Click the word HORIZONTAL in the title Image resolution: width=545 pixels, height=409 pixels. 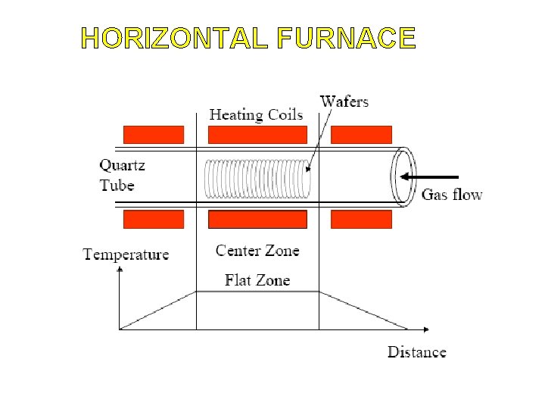coord(174,38)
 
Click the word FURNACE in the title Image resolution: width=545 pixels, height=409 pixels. coord(346,38)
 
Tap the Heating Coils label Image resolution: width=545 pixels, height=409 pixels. coord(256,115)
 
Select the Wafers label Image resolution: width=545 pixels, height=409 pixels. coord(344,101)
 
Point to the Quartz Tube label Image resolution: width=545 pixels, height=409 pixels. coord(122,175)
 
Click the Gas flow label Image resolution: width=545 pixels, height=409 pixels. coord(451,195)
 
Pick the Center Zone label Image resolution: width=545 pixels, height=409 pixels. coord(257,251)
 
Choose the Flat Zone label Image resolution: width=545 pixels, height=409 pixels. coord(257,280)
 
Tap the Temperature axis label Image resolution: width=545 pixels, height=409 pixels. coord(126,254)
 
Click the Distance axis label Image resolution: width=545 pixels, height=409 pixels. coord(417,351)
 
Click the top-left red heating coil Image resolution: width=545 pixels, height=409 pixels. coord(153,135)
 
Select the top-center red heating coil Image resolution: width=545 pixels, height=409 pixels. coord(257,135)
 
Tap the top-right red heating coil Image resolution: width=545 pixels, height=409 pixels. coord(362,135)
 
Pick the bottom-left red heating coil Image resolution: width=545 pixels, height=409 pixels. coord(153,220)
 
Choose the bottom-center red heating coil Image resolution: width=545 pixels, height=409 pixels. coord(257,220)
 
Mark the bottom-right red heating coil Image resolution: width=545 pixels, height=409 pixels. coord(362,220)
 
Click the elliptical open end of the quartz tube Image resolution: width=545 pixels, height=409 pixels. coord(403,176)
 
